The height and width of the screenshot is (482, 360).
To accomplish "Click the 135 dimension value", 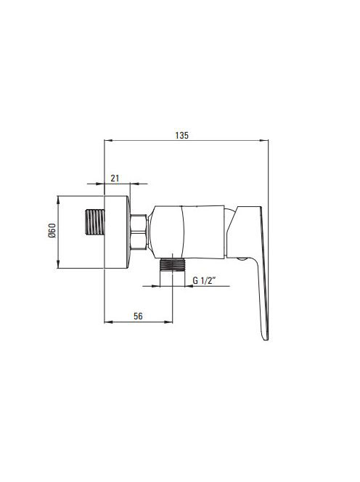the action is [x=181, y=135].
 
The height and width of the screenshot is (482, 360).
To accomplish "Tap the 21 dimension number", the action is [x=115, y=179].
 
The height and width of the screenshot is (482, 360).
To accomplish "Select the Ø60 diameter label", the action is [x=52, y=230].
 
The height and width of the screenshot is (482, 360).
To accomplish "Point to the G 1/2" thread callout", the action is [x=204, y=280].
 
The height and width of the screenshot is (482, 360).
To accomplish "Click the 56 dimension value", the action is [x=138, y=316].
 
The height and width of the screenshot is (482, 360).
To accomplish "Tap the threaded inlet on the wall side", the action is [x=94, y=222].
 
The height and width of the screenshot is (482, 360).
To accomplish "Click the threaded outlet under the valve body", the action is [x=173, y=264].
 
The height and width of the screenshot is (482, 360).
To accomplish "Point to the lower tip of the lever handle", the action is [x=266, y=340].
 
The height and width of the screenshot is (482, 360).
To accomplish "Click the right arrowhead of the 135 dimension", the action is [x=264, y=141].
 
